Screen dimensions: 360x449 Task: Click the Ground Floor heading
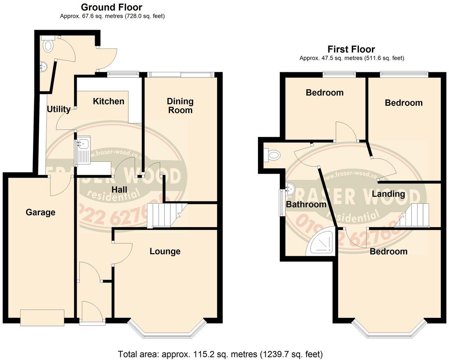point(112,7)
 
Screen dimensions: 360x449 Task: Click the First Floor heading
point(351,49)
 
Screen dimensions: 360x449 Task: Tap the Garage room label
point(40,212)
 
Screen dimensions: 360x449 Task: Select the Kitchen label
point(108,101)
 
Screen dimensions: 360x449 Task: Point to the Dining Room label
point(180,105)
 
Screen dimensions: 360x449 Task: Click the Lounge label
point(165,251)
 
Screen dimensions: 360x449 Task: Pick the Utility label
point(59,109)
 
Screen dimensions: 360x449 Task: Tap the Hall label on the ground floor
point(120,189)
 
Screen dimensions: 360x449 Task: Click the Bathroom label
point(306,204)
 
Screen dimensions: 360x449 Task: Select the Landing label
point(388,194)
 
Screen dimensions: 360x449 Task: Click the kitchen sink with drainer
point(83,150)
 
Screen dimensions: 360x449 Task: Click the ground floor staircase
point(165,215)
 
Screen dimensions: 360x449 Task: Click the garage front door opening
point(42,317)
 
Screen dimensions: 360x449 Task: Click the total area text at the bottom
point(220,354)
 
